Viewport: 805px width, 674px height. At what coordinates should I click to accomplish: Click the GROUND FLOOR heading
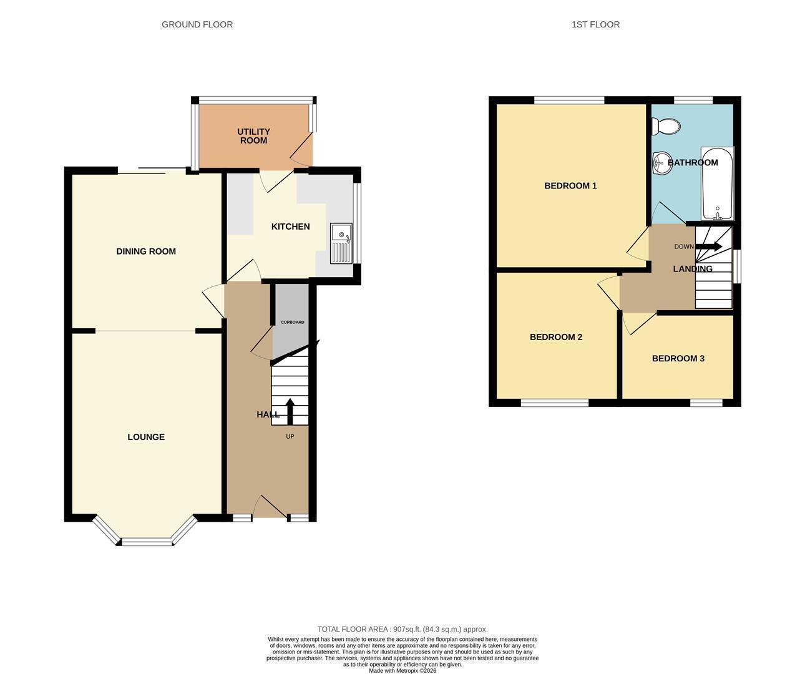tap(197, 25)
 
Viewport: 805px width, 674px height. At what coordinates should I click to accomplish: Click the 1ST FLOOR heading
tap(595, 25)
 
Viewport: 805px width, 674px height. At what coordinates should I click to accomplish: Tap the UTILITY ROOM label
tap(253, 136)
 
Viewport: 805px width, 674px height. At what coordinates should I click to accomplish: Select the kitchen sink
tap(341, 243)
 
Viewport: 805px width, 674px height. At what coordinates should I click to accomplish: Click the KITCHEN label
tap(290, 227)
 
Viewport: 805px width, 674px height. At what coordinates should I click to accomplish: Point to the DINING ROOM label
tap(146, 252)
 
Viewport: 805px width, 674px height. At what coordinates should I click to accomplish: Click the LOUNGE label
tap(146, 437)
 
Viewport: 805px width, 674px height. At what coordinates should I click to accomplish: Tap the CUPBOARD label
tap(292, 323)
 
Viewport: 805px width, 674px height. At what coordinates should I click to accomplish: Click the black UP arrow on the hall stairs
tap(290, 411)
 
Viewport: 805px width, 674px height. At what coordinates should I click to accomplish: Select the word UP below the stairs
tap(290, 436)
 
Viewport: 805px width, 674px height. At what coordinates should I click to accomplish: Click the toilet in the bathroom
tap(666, 127)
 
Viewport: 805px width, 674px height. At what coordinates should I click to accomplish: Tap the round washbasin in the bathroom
tap(661, 163)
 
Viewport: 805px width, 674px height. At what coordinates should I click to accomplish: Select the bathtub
tap(717, 183)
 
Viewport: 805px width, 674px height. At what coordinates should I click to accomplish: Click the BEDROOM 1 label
tap(570, 186)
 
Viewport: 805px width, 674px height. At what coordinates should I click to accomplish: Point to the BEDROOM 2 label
tap(556, 337)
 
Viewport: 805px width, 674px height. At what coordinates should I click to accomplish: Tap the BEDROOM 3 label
tap(678, 359)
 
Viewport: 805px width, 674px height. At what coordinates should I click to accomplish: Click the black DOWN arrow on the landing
tap(709, 247)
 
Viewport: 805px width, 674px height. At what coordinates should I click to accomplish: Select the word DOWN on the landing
tap(684, 247)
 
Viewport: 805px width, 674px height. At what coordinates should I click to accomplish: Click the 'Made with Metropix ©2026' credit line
tap(402, 670)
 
